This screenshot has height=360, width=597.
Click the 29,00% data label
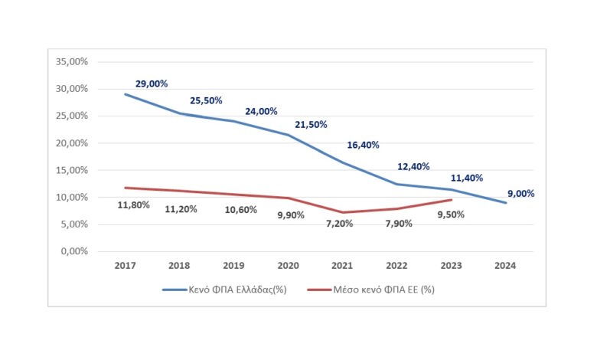(152, 83)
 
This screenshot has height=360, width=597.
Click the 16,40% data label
(363, 145)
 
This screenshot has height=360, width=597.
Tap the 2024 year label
(505, 266)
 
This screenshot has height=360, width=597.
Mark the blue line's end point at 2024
(505, 202)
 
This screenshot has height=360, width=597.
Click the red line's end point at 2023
(452, 200)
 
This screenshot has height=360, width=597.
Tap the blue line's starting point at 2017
(125, 94)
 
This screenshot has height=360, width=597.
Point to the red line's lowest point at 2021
(343, 212)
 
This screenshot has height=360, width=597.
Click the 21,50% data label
(310, 124)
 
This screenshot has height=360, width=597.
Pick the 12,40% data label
(413, 166)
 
